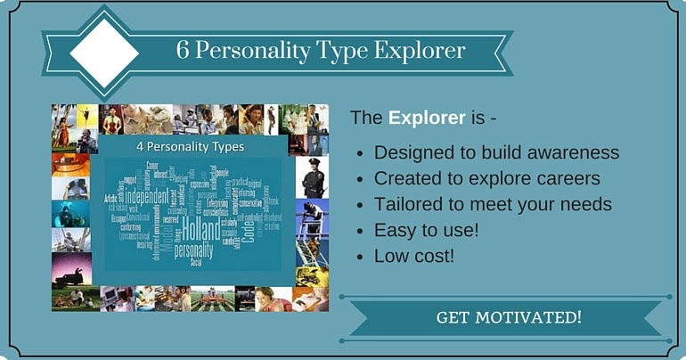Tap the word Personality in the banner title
pyautogui.click(x=261, y=51)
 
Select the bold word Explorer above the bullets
pyautogui.click(x=427, y=118)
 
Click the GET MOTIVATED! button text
pyautogui.click(x=509, y=317)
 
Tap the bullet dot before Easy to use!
pyautogui.click(x=358, y=231)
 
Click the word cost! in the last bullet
pyautogui.click(x=437, y=256)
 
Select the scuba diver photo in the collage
pyautogui.click(x=69, y=214)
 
